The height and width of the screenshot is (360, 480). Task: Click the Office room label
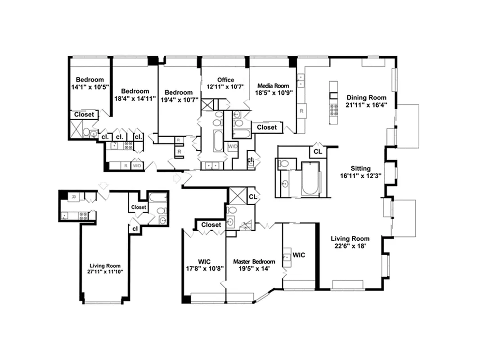pyautogui.click(x=225, y=80)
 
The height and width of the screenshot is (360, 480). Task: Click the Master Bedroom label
pyautogui.click(x=254, y=261)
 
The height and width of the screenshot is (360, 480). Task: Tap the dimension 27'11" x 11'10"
pyautogui.click(x=106, y=272)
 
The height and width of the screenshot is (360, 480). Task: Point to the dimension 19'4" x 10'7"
pyautogui.click(x=178, y=99)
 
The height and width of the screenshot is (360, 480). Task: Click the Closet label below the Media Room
pyautogui.click(x=267, y=127)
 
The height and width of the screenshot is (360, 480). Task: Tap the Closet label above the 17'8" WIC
pyautogui.click(x=211, y=225)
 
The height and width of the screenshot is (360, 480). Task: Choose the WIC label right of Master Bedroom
pyautogui.click(x=299, y=255)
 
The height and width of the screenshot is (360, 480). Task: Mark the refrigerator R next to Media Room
pyautogui.click(x=301, y=110)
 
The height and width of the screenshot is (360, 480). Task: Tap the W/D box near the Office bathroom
pyautogui.click(x=233, y=146)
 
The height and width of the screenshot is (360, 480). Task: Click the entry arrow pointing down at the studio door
pyautogui.click(x=103, y=185)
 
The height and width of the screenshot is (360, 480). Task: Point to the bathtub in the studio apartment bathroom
pyautogui.click(x=158, y=197)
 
